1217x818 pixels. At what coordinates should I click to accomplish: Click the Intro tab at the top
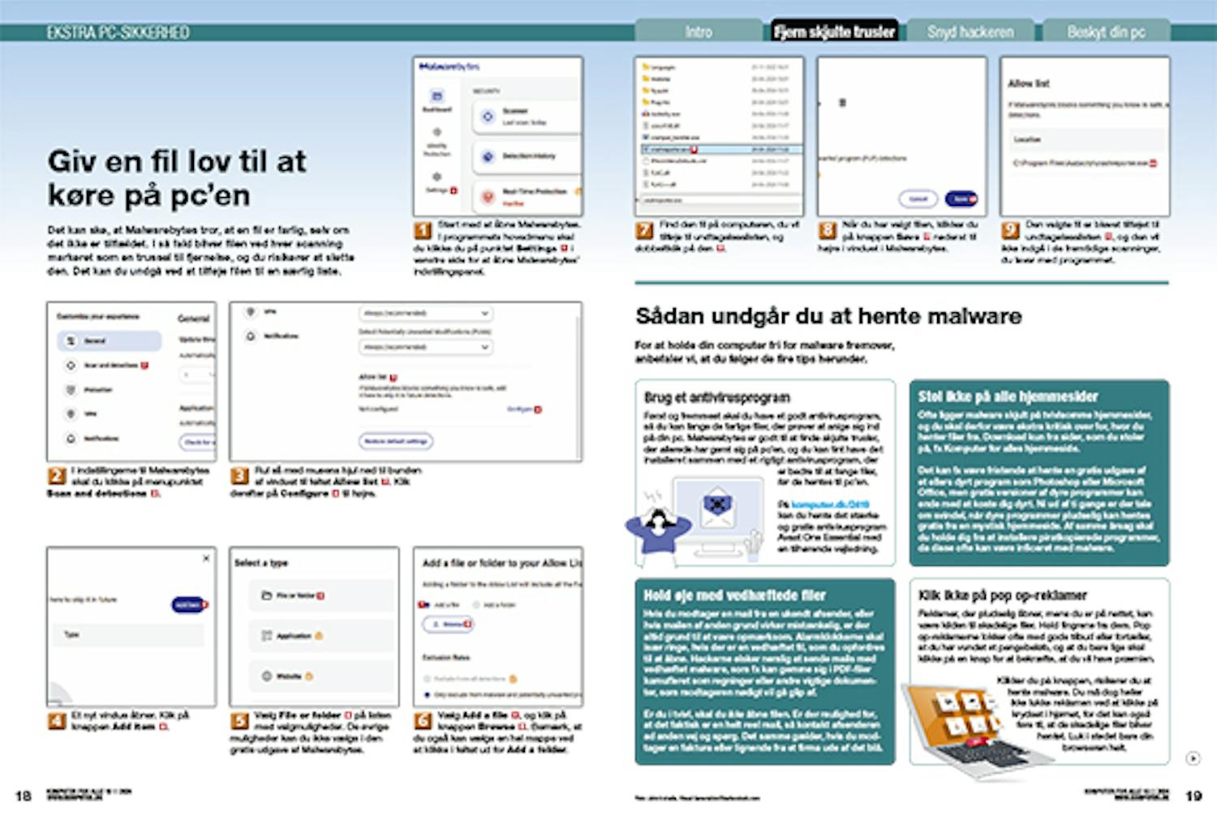coord(698,32)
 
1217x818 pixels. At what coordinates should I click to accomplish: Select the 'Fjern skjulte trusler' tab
coord(834,32)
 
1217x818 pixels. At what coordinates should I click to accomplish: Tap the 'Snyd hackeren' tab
coord(970,32)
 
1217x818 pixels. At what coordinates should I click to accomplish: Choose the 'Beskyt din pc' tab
coord(1106,32)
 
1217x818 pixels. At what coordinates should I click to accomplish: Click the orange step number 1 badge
coord(423,230)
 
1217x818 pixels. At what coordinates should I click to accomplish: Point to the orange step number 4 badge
coord(56,720)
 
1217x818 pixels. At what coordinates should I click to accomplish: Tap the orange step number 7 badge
coord(644,230)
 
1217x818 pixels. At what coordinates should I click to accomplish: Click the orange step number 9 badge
coord(1010,230)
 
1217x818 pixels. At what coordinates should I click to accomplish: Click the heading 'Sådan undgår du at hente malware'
coord(828,316)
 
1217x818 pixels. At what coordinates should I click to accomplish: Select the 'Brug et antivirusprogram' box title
coord(716,397)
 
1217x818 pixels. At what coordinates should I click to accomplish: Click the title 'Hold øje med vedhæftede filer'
coord(734,595)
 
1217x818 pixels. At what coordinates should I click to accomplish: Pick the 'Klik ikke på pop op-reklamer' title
coord(1002,595)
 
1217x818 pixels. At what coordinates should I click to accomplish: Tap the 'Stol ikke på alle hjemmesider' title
coord(1008,396)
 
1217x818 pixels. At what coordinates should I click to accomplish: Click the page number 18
coord(24,795)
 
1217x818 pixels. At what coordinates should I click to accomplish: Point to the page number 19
coord(1193,795)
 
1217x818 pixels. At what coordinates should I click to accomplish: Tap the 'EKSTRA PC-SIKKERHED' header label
coord(118,32)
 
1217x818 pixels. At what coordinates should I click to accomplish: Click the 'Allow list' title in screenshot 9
coord(1028,84)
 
